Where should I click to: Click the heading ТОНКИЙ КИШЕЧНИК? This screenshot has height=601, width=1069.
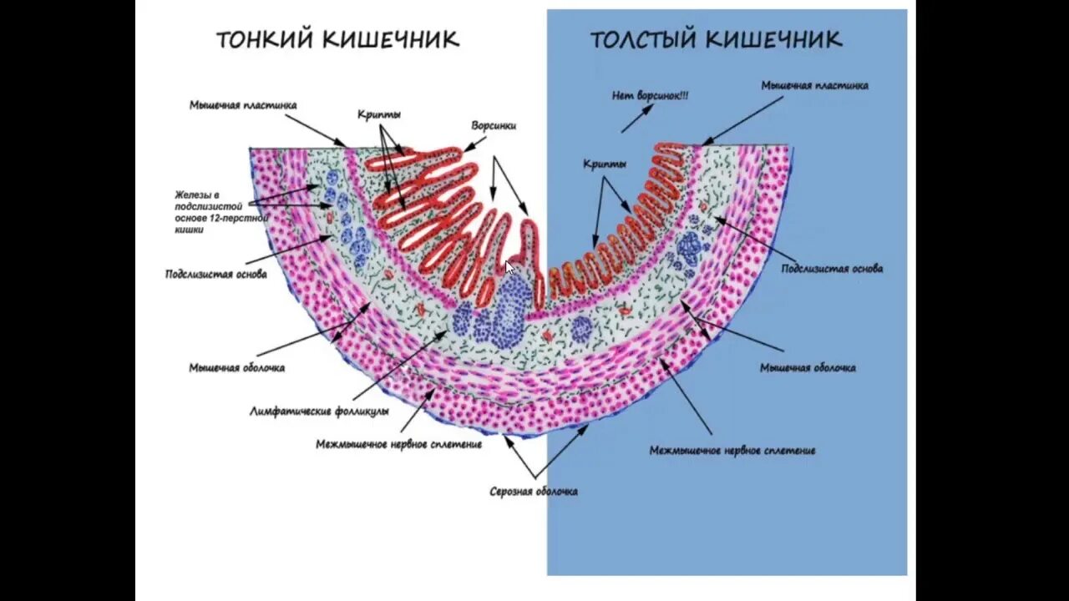click(x=337, y=39)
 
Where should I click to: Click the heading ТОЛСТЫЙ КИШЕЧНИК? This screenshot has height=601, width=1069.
click(x=716, y=39)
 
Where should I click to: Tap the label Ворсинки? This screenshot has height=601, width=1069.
click(x=493, y=126)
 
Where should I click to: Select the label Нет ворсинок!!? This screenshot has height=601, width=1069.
click(x=650, y=96)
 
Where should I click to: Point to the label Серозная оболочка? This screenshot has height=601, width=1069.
click(x=533, y=492)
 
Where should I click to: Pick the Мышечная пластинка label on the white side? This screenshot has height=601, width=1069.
click(x=242, y=105)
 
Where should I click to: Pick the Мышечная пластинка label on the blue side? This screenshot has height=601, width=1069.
click(x=814, y=85)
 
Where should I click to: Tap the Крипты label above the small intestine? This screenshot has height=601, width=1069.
click(x=378, y=114)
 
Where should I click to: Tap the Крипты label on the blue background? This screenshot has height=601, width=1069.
click(x=604, y=164)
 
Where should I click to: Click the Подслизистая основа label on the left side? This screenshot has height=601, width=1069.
click(x=216, y=274)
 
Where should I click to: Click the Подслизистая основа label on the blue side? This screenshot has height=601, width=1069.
click(x=832, y=269)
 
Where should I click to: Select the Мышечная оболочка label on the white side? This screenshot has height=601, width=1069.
click(x=236, y=367)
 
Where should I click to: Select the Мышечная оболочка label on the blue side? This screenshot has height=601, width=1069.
click(x=808, y=367)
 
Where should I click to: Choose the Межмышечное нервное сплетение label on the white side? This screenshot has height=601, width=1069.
click(x=398, y=444)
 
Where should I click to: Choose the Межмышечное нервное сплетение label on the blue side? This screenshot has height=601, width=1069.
click(x=732, y=451)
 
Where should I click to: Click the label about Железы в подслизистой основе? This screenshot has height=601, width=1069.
click(x=220, y=212)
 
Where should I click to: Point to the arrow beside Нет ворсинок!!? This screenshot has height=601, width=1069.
click(x=636, y=119)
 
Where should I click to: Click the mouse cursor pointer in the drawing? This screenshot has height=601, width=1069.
click(x=509, y=267)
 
